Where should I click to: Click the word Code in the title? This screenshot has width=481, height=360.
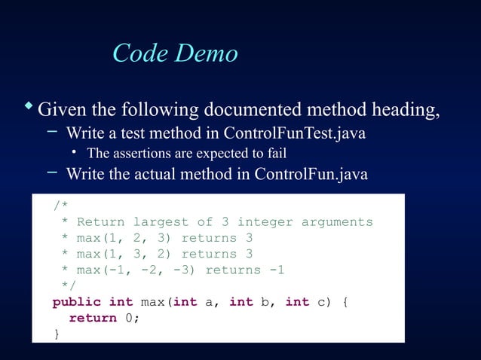pyautogui.click(x=140, y=53)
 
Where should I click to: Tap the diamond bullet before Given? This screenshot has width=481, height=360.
pyautogui.click(x=28, y=106)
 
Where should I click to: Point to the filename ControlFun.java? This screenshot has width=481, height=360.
pyautogui.click(x=311, y=175)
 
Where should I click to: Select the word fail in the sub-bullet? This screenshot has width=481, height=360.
pyautogui.click(x=276, y=154)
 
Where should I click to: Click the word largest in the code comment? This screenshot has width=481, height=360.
pyautogui.click(x=161, y=222)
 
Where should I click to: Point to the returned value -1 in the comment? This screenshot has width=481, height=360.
pyautogui.click(x=277, y=270)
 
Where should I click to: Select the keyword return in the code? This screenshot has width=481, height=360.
pyautogui.click(x=93, y=318)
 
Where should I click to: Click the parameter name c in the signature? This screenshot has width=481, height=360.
pyautogui.click(x=321, y=302)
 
